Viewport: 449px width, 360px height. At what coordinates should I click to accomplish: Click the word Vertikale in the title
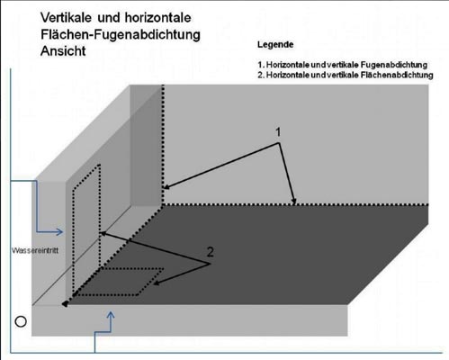[x=66, y=18]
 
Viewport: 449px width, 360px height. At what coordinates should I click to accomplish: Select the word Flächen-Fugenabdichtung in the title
[x=121, y=34]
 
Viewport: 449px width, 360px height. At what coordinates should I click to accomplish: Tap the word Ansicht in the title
[x=63, y=51]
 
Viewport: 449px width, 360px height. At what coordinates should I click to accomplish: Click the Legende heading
[x=275, y=45]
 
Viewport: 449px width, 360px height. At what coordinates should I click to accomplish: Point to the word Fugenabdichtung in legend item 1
[x=394, y=65]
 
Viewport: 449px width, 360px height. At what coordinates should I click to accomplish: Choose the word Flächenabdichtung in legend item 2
[x=397, y=75]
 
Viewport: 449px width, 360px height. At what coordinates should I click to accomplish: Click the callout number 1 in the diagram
[x=278, y=132]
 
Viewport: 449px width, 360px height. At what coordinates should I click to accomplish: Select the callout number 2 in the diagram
[x=211, y=252]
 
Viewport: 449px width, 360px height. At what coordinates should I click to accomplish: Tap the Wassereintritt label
[x=35, y=250]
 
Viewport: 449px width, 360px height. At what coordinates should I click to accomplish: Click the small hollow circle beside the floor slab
[x=21, y=321]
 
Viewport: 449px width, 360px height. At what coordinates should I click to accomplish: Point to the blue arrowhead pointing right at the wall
[x=59, y=231]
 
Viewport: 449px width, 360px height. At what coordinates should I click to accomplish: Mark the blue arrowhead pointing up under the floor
[x=111, y=315]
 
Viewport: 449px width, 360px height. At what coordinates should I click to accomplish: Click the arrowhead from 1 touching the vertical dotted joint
[x=166, y=187]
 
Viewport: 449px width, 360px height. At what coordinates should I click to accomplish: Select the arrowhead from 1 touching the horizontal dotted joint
[x=294, y=202]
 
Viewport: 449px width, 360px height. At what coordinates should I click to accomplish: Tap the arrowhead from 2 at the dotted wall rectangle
[x=103, y=233]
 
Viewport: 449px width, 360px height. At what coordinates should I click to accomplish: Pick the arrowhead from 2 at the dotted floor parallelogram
[x=156, y=283]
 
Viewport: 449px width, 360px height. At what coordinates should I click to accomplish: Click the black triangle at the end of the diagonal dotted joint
[x=65, y=304]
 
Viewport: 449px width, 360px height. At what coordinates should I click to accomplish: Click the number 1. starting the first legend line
[x=261, y=65]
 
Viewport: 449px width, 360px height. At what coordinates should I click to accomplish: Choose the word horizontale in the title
[x=157, y=18]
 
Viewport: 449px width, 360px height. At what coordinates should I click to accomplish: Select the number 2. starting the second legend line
[x=261, y=75]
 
